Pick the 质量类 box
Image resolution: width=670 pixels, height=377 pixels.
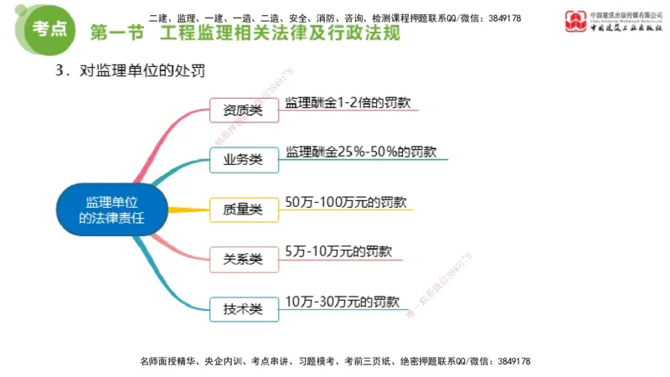click(x=243, y=209)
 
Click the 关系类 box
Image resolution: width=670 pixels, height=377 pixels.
click(x=243, y=259)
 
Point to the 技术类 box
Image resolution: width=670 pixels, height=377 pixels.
click(x=243, y=308)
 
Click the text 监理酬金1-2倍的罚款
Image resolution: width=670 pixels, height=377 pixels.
click(x=347, y=103)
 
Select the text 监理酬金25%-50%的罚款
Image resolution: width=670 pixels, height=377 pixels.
click(x=360, y=152)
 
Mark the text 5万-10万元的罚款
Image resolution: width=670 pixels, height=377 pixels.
click(x=339, y=250)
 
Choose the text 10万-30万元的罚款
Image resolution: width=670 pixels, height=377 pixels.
click(x=343, y=301)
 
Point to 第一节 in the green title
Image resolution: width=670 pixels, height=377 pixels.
click(x=116, y=34)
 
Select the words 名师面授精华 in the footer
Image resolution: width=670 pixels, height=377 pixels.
click(x=169, y=361)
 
